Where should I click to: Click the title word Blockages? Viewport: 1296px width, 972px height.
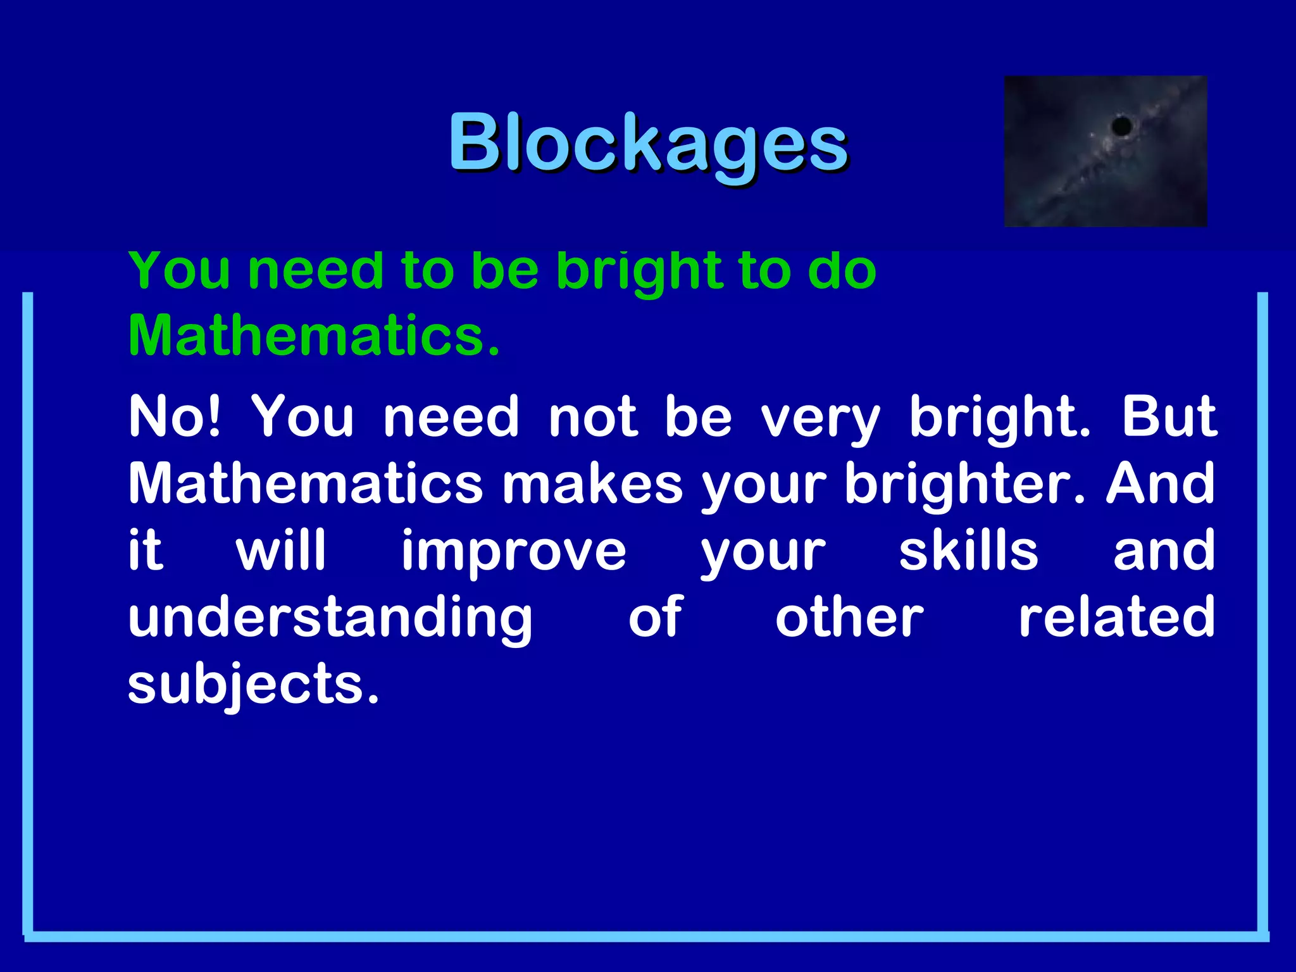pos(648,143)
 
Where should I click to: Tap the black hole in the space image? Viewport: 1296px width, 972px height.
pos(1121,125)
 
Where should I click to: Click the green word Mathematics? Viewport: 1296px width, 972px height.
pos(314,335)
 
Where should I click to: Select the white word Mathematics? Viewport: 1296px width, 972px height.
pos(306,483)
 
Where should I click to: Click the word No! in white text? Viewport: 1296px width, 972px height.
pos(175,416)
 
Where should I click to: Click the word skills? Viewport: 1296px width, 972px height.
pos(968,551)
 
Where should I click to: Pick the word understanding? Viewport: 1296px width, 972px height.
pos(330,619)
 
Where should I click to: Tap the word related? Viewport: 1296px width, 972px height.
pos(1116,618)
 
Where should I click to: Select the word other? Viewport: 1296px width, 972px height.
pos(849,618)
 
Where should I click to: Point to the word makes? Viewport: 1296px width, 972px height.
pos(592,483)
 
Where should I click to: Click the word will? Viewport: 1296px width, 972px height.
pos(281,551)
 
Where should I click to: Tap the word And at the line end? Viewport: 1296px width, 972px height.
pos(1161,483)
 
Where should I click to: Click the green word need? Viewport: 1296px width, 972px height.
pos(315,271)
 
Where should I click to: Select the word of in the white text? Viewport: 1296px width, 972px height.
pos(656,618)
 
